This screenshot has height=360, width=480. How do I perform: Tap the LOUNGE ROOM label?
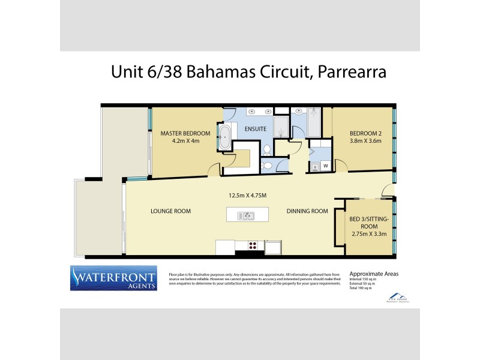click(170, 211)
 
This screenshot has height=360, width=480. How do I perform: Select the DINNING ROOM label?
click(307, 211)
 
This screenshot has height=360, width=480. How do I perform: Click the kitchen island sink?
click(246, 215)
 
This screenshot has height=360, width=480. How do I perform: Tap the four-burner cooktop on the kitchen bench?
click(253, 245)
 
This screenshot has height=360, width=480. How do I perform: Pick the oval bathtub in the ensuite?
click(224, 138)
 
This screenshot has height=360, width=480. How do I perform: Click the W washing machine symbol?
click(325, 165)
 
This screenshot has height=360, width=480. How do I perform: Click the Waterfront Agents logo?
click(114, 278)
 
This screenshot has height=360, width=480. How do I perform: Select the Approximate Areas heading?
click(374, 274)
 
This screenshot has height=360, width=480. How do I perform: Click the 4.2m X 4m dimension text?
click(185, 142)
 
